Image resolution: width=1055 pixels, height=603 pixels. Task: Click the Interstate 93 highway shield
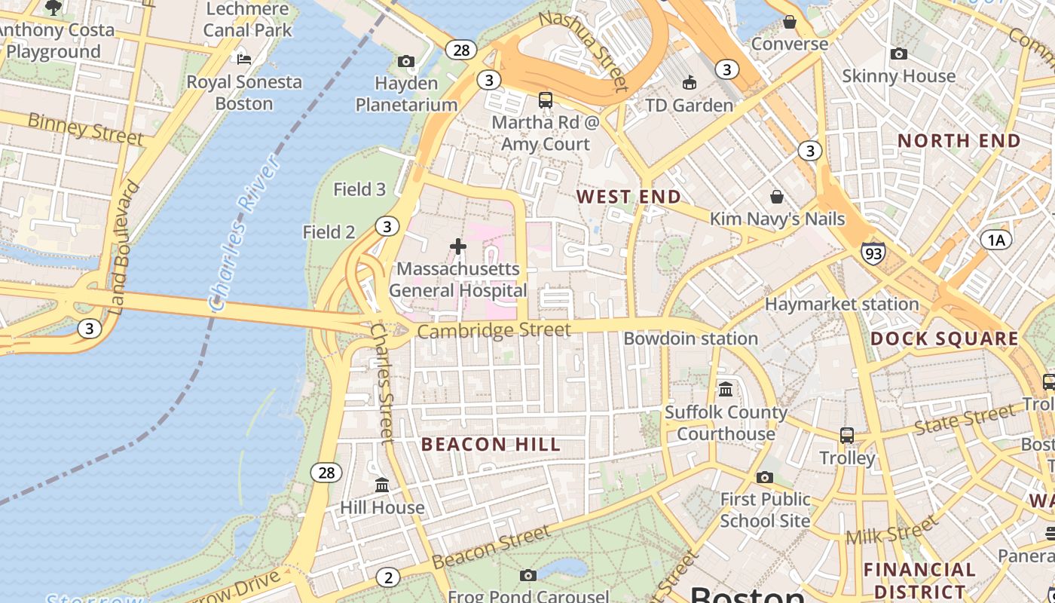pos(873,253)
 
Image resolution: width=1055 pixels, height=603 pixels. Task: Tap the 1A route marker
pos(996,240)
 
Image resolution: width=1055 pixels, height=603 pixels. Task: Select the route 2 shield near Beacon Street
pos(388,578)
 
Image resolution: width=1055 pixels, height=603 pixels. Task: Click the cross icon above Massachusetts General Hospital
pos(458,246)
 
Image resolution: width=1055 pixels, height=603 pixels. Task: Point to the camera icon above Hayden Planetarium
pos(406,61)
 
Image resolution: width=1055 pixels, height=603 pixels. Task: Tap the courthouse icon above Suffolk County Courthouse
pos(726,390)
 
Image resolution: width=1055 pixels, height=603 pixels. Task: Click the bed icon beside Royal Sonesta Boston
pos(243,59)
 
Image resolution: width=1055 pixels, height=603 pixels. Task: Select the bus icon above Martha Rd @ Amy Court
pos(545,99)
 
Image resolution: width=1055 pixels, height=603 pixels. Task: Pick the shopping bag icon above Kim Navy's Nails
pos(777,197)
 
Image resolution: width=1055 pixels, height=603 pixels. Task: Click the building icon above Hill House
pos(382,485)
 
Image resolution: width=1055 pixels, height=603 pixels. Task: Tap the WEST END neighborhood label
pos(628,197)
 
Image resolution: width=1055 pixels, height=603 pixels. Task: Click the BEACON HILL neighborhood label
pos(491,444)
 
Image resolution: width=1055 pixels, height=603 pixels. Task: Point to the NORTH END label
pos(959,140)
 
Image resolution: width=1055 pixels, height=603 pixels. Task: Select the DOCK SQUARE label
pos(944,338)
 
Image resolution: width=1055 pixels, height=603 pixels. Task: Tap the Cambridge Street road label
pos(494,331)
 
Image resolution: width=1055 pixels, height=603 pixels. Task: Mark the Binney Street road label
pos(84,128)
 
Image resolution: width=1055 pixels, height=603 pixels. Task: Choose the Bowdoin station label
pos(690,338)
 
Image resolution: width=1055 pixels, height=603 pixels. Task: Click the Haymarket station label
pos(842,305)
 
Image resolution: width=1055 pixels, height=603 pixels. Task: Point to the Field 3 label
pos(359,189)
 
